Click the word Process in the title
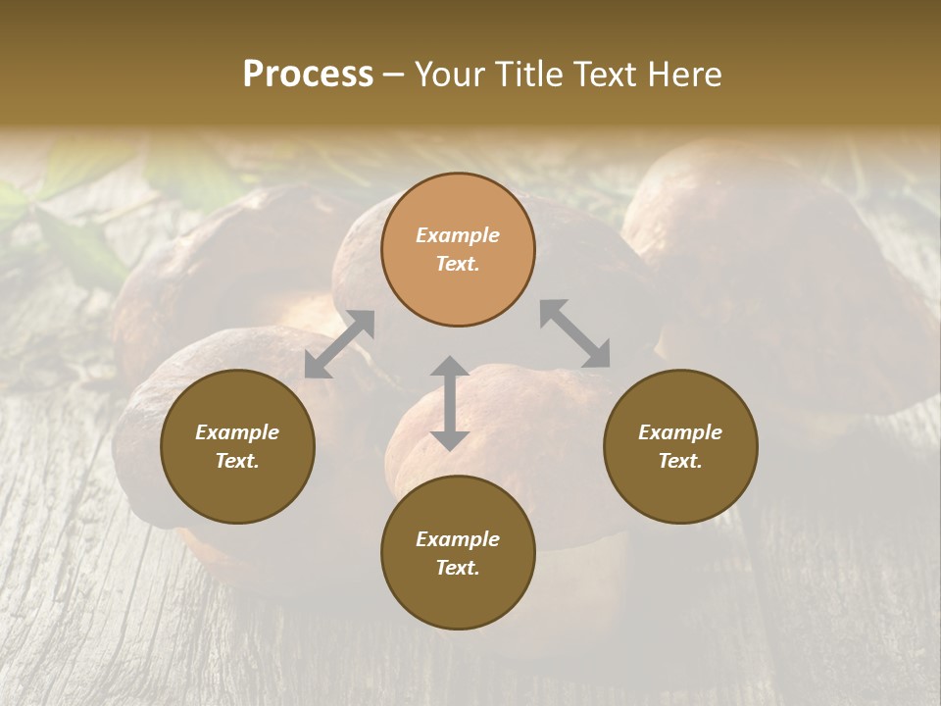[x=308, y=75]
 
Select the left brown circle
[x=237, y=446]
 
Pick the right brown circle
[x=680, y=446]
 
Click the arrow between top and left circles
[x=339, y=343]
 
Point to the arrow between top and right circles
[x=574, y=333]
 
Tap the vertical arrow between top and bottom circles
[x=450, y=403]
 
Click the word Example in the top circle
[x=458, y=235]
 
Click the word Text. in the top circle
[x=458, y=264]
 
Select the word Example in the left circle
[x=237, y=432]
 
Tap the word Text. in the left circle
[x=237, y=461]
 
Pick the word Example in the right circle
[x=680, y=432]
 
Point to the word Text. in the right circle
[x=680, y=461]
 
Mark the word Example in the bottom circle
[x=458, y=539]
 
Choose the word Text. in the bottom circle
[x=458, y=568]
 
